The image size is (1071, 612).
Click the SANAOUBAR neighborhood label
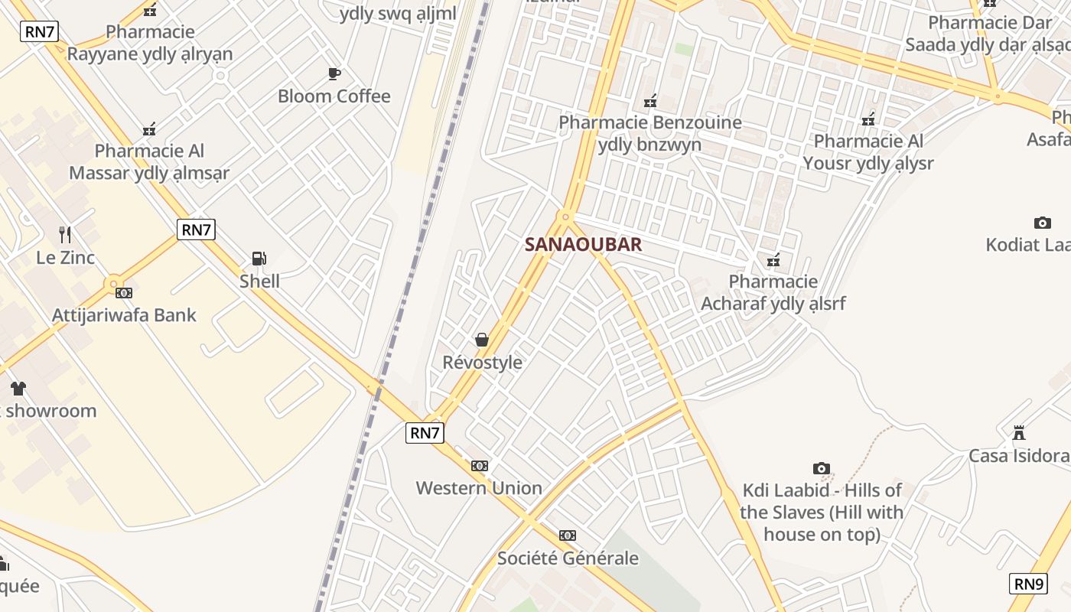[583, 245]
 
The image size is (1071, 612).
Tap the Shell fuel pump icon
[259, 259]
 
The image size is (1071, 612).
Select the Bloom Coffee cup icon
[334, 73]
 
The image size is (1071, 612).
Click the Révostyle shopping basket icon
[482, 339]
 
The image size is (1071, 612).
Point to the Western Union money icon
[480, 465]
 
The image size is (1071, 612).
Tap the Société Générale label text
[568, 558]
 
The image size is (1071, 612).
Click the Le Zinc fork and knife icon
[65, 234]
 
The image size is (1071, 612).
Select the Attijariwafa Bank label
[124, 315]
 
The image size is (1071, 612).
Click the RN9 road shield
[1029, 584]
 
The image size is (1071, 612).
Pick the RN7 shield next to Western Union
[425, 433]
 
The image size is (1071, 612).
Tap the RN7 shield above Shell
[196, 229]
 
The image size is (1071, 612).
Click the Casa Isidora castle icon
[1019, 433]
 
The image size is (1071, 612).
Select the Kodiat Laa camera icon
[1042, 223]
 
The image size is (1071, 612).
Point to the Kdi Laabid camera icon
[822, 468]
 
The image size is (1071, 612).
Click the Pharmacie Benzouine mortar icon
[650, 100]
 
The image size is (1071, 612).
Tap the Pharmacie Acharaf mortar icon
[773, 260]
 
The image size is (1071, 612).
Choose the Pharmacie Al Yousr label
[868, 152]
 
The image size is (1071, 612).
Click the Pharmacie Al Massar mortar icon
[149, 129]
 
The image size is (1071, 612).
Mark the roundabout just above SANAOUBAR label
[565, 216]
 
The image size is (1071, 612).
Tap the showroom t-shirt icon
[18, 388]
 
